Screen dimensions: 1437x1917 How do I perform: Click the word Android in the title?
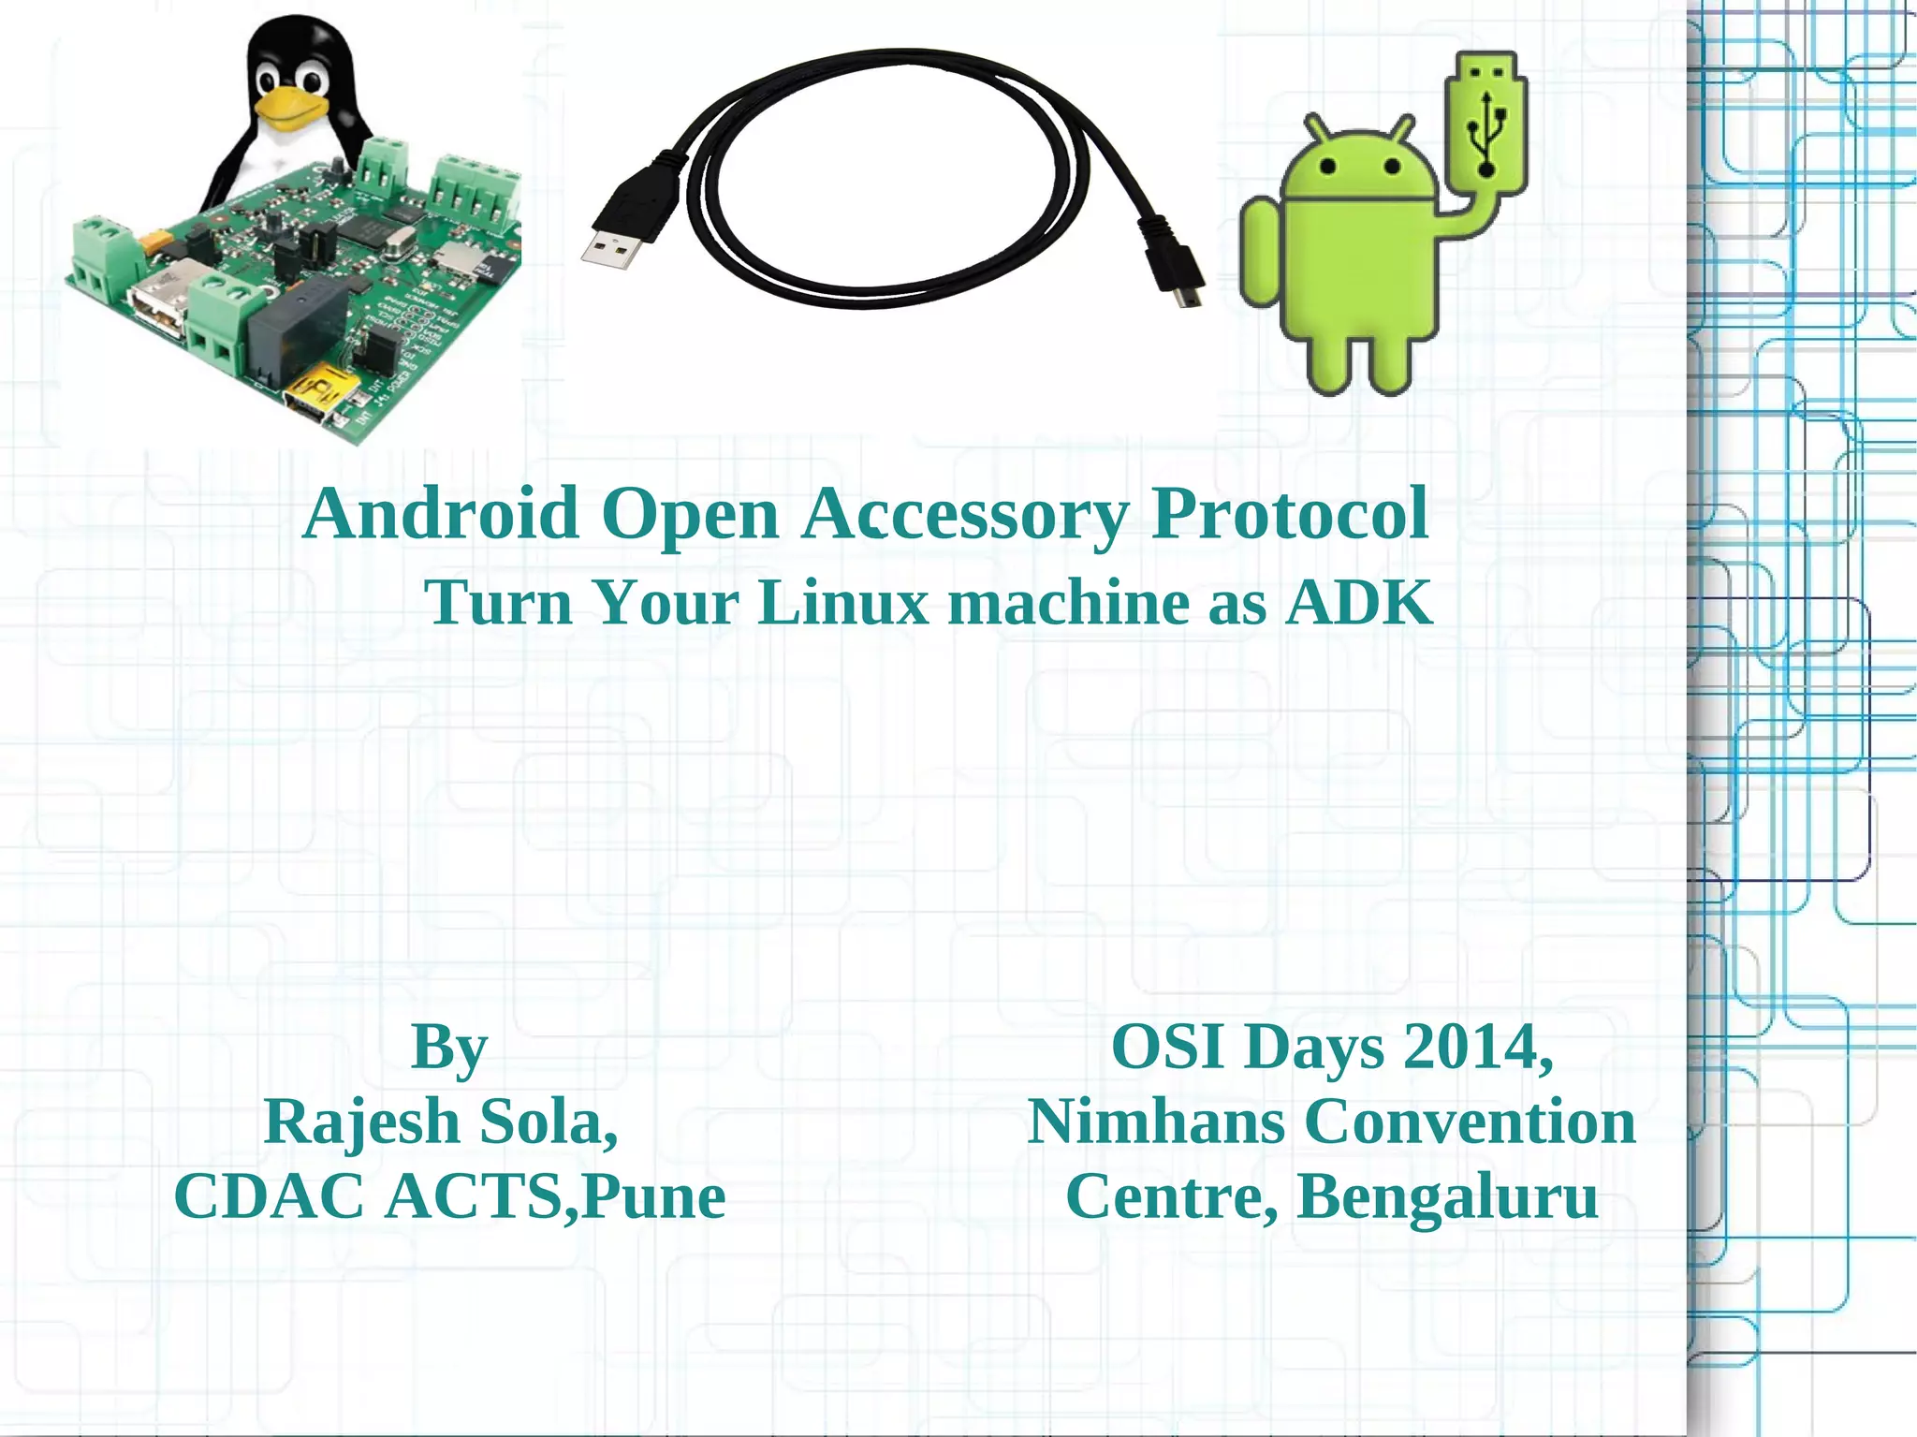(x=441, y=514)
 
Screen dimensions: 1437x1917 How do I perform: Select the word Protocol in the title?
(x=1289, y=514)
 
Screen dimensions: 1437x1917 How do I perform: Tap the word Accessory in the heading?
(x=965, y=514)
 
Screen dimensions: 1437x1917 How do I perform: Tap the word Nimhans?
(x=1156, y=1122)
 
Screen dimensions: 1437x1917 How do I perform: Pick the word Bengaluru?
(x=1447, y=1196)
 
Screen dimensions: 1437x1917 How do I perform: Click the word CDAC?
(x=269, y=1196)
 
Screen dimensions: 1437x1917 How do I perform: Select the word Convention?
(x=1470, y=1122)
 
